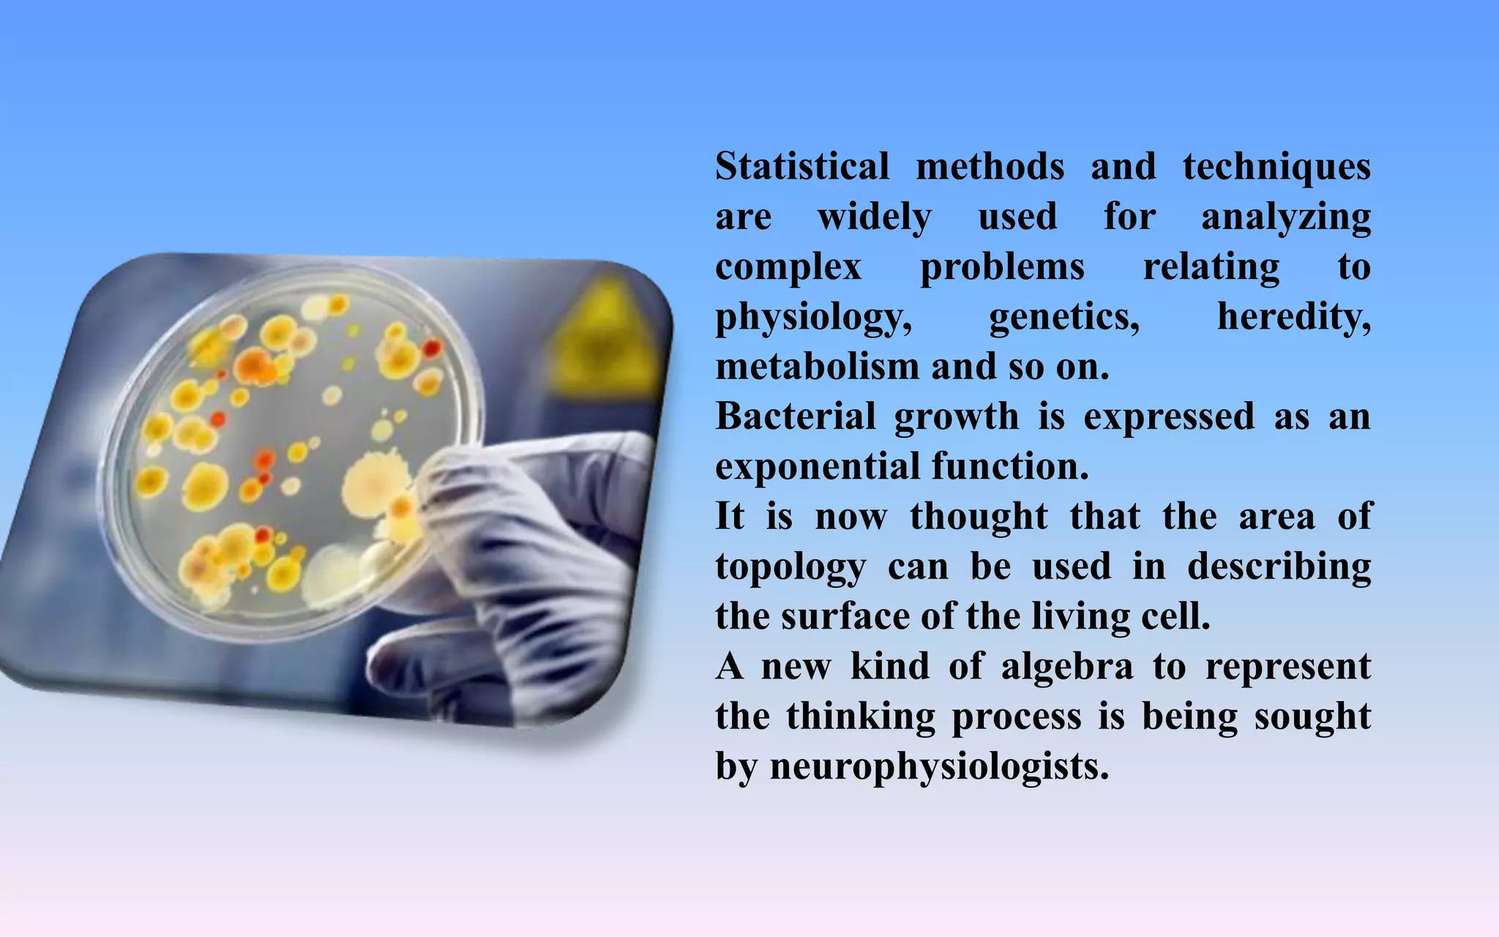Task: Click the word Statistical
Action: click(x=802, y=167)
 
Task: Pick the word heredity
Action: click(x=1293, y=318)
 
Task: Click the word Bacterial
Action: click(x=796, y=417)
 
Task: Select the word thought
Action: click(x=979, y=517)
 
